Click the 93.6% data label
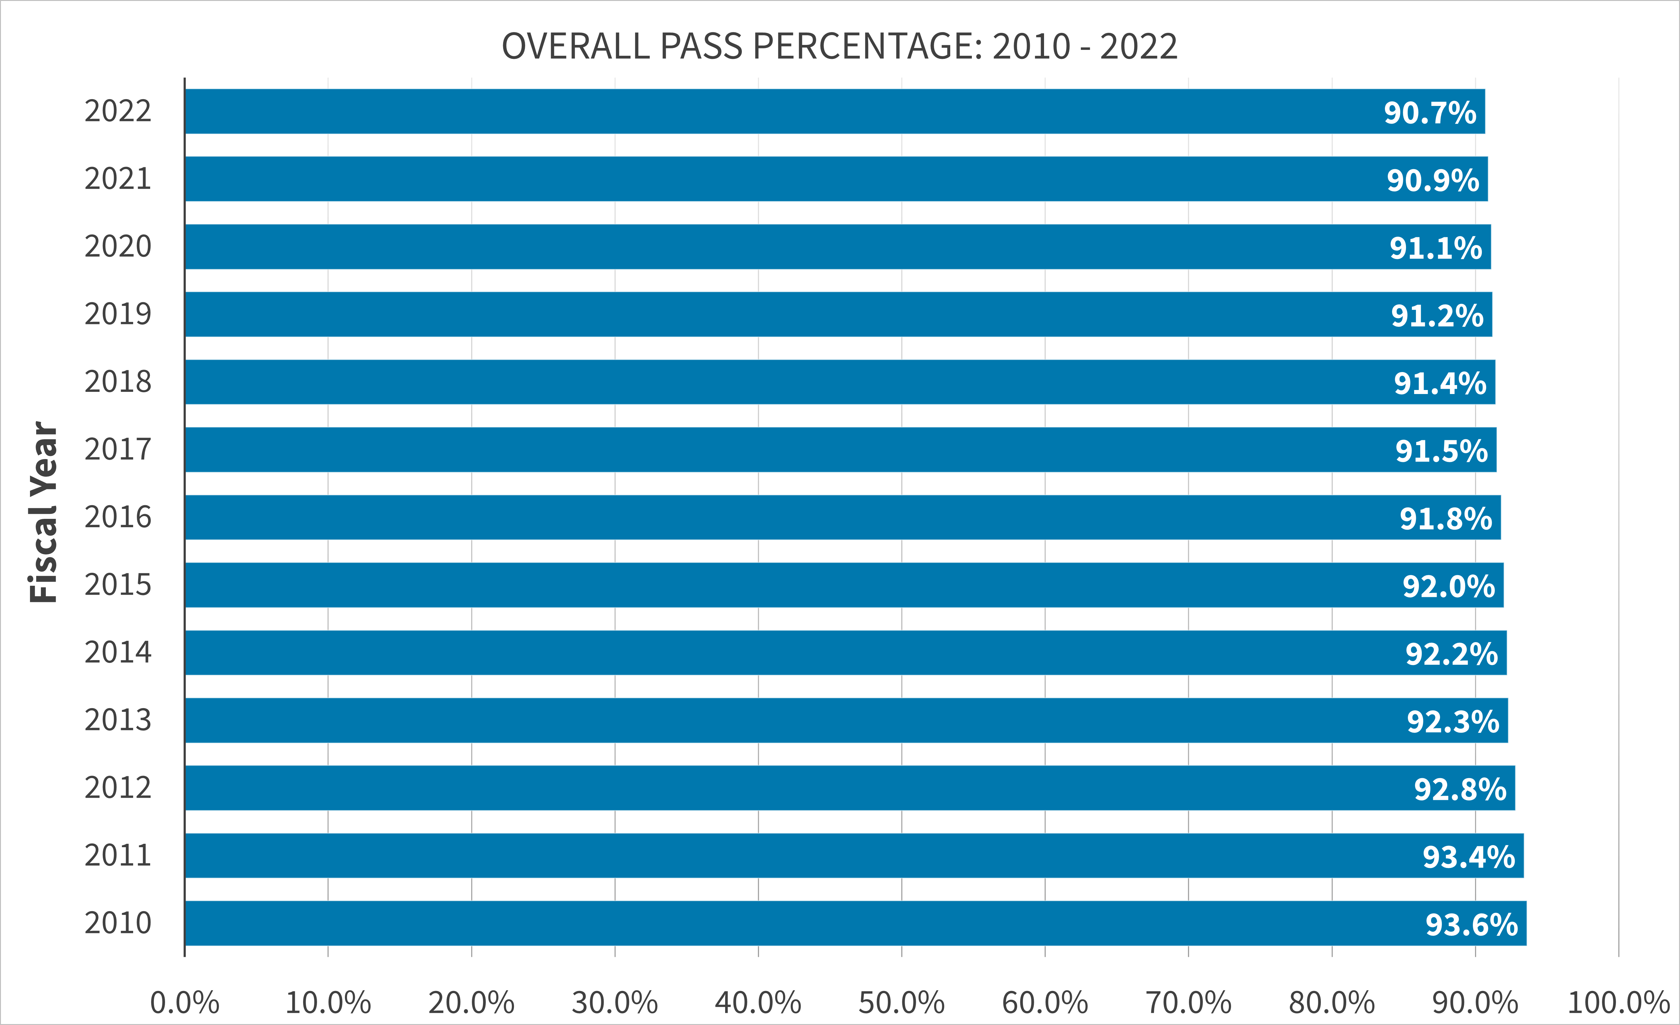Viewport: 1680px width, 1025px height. [x=1471, y=925]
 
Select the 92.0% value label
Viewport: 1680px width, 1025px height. [x=1448, y=586]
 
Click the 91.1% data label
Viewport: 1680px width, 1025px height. [x=1436, y=248]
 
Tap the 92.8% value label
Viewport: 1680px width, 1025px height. [x=1460, y=790]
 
